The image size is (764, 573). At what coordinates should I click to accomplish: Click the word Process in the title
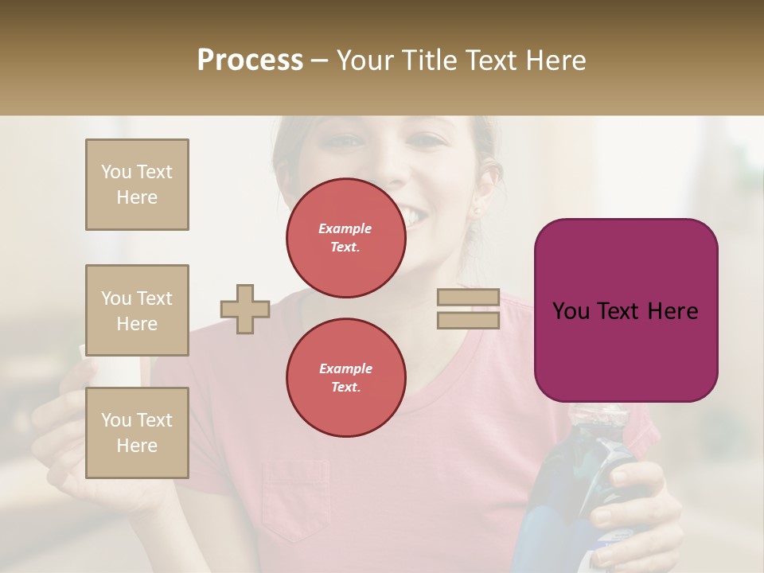pyautogui.click(x=250, y=60)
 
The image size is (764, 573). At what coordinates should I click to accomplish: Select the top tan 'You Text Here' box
pyautogui.click(x=137, y=185)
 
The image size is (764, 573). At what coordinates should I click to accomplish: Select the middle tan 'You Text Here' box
pyautogui.click(x=137, y=310)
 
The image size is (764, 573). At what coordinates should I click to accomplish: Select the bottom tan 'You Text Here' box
pyautogui.click(x=137, y=432)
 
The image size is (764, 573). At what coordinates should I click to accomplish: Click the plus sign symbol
pyautogui.click(x=245, y=309)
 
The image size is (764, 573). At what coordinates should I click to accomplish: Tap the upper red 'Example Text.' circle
pyautogui.click(x=345, y=237)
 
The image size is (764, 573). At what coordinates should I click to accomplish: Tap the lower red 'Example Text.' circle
pyautogui.click(x=345, y=377)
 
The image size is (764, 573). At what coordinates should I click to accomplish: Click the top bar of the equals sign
pyautogui.click(x=468, y=298)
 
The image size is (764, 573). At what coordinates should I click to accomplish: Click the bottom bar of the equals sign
pyautogui.click(x=468, y=320)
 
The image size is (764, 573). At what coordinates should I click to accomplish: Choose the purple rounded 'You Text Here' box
pyautogui.click(x=626, y=310)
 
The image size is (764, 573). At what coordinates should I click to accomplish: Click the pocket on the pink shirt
pyautogui.click(x=295, y=497)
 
